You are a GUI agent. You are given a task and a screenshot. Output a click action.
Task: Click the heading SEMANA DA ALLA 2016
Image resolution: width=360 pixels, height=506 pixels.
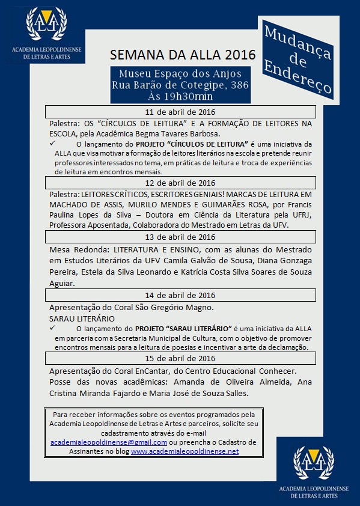[183, 55]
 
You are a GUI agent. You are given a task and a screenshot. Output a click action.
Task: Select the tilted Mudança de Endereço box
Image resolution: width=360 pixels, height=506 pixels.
[297, 58]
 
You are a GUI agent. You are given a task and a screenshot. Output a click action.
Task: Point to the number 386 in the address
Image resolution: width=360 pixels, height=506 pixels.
[236, 85]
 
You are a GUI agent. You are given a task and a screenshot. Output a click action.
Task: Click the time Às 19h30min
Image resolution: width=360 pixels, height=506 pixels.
[180, 96]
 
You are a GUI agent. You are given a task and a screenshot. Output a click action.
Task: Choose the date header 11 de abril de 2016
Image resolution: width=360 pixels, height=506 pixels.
[180, 112]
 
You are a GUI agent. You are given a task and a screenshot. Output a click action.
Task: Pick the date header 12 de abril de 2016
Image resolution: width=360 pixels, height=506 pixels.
[180, 183]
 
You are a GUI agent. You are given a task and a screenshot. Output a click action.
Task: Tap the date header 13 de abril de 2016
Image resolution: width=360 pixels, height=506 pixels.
[180, 237]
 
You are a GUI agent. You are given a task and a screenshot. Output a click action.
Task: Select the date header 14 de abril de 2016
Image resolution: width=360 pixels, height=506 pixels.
[180, 295]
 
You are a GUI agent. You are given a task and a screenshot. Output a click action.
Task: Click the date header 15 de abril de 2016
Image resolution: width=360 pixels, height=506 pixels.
[180, 359]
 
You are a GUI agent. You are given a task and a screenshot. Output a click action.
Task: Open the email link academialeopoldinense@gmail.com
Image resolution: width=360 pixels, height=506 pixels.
[100, 442]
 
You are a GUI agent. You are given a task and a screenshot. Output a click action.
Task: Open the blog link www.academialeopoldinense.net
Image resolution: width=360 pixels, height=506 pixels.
[185, 451]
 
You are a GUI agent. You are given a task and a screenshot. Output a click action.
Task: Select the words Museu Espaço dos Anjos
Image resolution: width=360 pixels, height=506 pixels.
[180, 74]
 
